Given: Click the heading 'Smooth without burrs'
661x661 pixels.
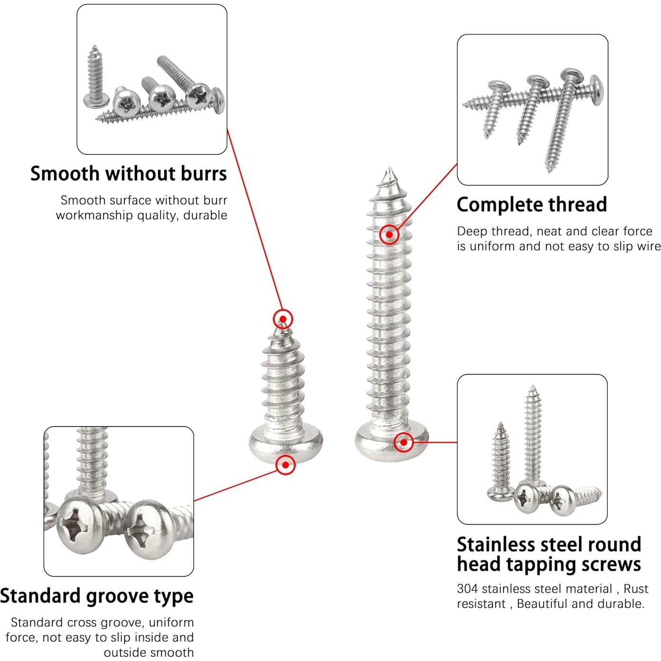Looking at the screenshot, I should click(128, 174).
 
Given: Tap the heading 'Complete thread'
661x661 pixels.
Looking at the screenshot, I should click(531, 205).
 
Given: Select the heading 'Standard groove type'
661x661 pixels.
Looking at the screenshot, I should click(96, 596).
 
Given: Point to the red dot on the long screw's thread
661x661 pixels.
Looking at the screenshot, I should click(389, 234).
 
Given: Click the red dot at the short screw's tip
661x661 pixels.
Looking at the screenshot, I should click(283, 319).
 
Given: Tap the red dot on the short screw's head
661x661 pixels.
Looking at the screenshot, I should click(285, 465).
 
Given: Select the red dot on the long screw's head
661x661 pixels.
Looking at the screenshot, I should click(404, 442).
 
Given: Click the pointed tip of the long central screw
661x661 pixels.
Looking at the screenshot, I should click(389, 170).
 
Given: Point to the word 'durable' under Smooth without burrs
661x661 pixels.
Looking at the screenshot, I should click(205, 215).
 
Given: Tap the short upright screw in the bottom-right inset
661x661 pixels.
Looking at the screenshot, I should click(500, 461).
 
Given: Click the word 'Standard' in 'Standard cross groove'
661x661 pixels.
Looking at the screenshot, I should click(37, 623).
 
